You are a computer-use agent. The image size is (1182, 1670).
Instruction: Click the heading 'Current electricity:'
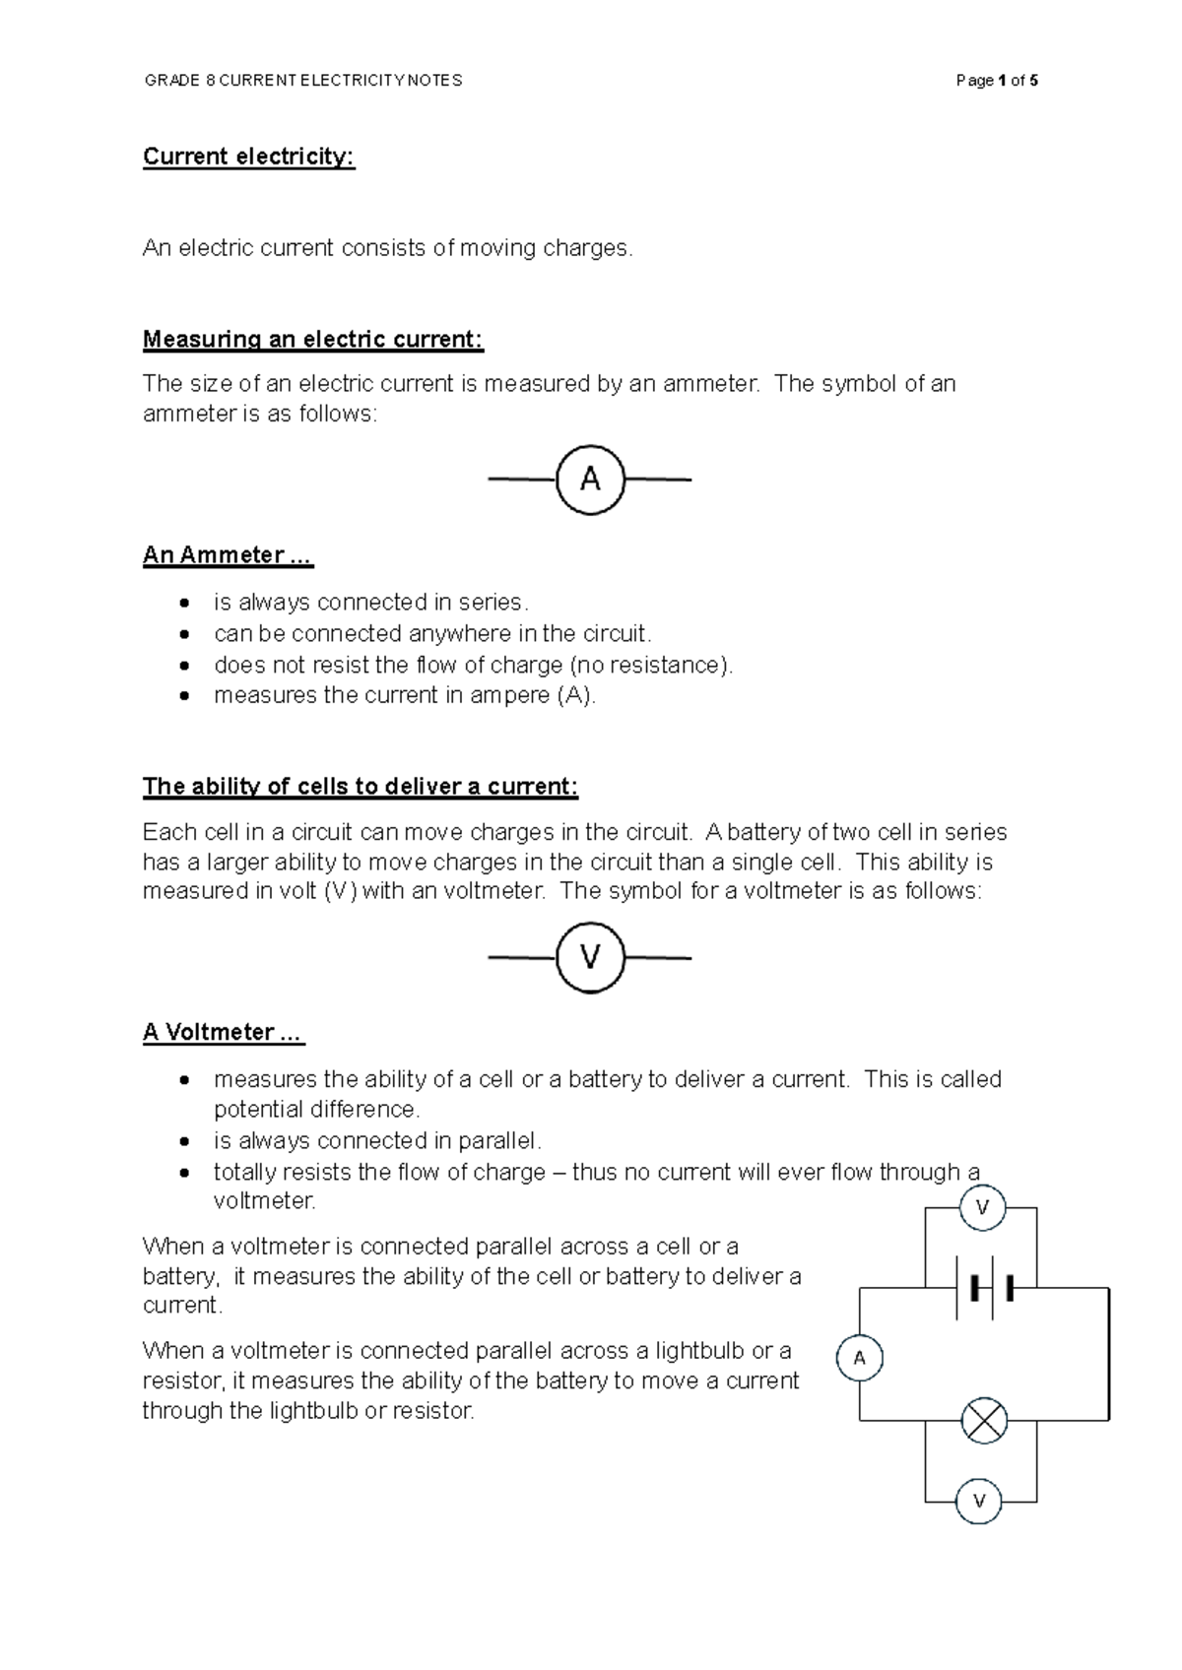(x=248, y=158)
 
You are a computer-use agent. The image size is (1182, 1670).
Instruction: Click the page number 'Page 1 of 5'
(x=996, y=81)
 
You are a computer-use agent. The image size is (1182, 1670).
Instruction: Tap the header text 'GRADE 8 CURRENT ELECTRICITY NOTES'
(x=302, y=81)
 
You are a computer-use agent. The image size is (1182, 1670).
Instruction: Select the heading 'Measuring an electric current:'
(x=313, y=340)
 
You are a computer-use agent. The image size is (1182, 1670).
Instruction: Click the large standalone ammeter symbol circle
(x=590, y=480)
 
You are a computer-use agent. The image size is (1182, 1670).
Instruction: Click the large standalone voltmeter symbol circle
(x=590, y=957)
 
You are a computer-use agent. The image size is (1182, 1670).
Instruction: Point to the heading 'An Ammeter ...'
(x=228, y=555)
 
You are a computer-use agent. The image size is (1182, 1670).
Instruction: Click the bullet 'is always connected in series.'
(x=370, y=602)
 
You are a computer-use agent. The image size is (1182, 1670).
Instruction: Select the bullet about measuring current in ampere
(x=404, y=695)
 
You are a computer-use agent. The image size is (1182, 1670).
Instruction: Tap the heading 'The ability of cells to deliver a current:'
(x=360, y=787)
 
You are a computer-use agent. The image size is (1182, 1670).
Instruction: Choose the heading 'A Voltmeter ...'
(x=223, y=1032)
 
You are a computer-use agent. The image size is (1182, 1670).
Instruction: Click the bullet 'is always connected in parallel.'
(x=377, y=1141)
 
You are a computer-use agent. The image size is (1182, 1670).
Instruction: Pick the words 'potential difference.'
(x=316, y=1110)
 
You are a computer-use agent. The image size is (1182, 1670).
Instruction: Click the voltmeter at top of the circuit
(x=982, y=1207)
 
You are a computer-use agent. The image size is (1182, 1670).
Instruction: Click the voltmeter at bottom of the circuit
(x=979, y=1502)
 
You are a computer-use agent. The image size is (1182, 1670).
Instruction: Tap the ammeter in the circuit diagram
(x=859, y=1359)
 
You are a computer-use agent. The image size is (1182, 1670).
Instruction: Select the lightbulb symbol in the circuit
(x=983, y=1421)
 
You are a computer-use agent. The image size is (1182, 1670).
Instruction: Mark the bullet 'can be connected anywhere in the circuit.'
(x=432, y=633)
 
